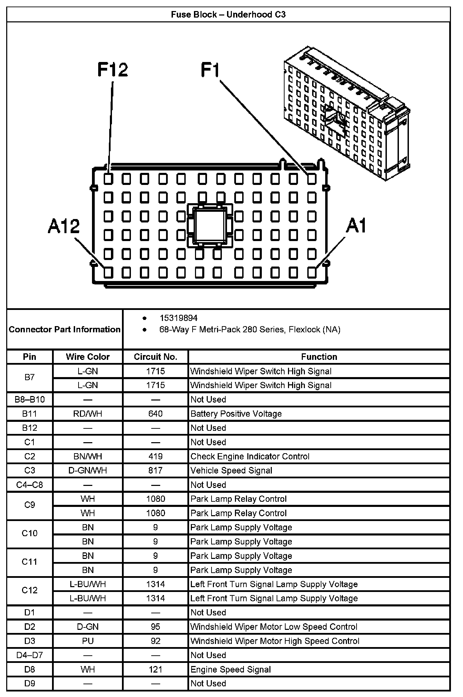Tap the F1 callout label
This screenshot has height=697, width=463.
(x=210, y=70)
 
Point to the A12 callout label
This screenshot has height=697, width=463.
(x=64, y=226)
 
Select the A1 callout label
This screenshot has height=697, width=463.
(x=356, y=226)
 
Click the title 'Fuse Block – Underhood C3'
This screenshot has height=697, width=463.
(x=228, y=14)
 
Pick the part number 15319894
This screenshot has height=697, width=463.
(x=178, y=318)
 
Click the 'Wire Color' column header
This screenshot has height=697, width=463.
(x=88, y=357)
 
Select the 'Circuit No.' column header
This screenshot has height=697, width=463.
(x=155, y=357)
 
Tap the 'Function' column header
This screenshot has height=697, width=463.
(x=319, y=357)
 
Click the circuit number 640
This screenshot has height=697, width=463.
(x=155, y=414)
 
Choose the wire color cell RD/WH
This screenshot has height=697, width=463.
(x=88, y=414)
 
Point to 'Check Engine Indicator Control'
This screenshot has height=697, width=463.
(x=250, y=456)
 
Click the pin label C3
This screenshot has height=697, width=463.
(x=30, y=470)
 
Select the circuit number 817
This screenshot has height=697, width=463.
(x=155, y=470)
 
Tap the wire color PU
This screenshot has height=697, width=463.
(x=88, y=641)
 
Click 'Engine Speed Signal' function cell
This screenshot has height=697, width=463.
(x=230, y=669)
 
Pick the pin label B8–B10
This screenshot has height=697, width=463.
(x=30, y=399)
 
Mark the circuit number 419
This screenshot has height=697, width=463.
(x=155, y=456)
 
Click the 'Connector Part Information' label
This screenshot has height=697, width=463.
(x=65, y=330)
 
